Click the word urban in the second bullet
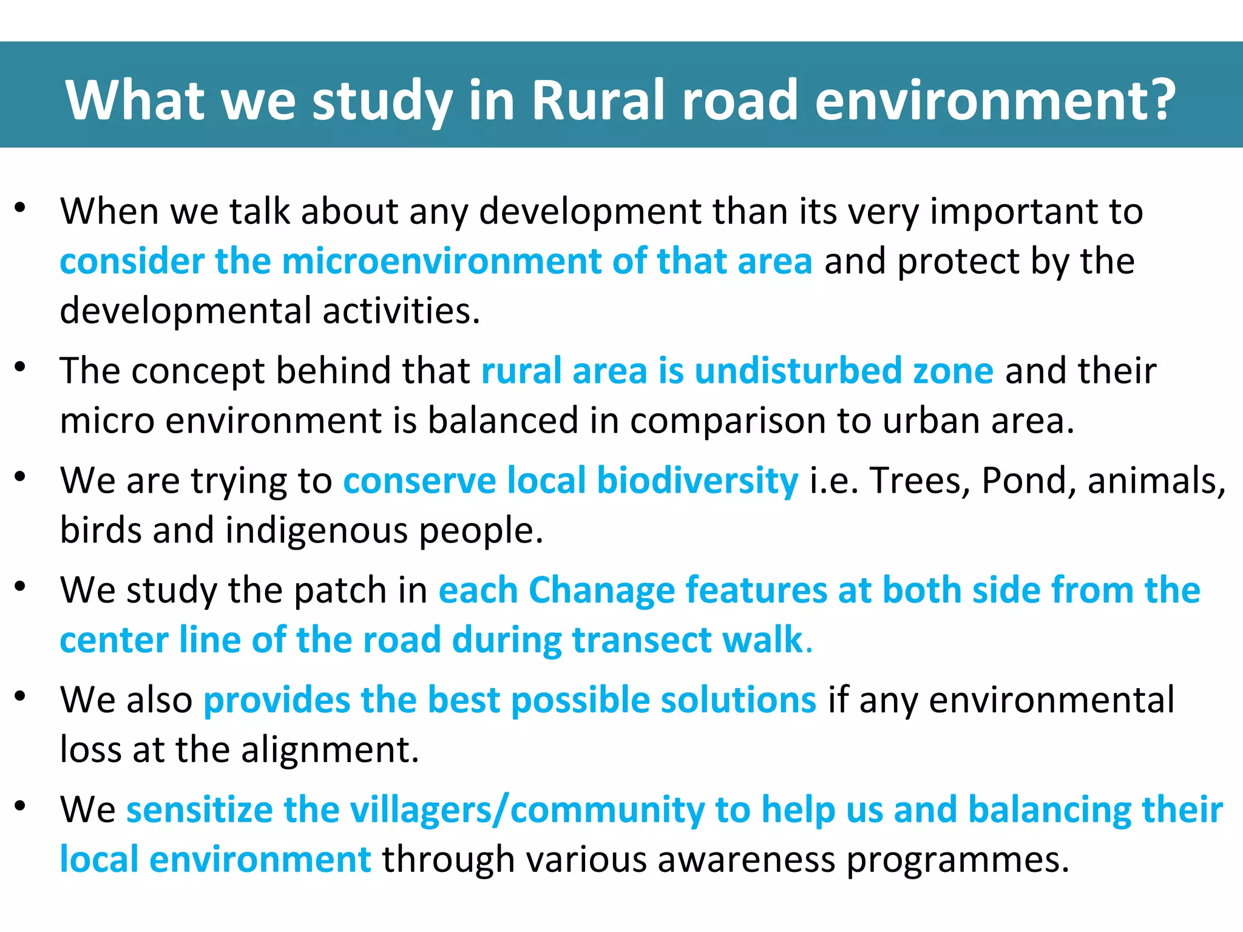(x=930, y=420)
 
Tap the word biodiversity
(x=697, y=481)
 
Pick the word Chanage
(x=601, y=590)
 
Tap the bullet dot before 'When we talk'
(x=21, y=208)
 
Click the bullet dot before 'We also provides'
(x=21, y=697)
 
